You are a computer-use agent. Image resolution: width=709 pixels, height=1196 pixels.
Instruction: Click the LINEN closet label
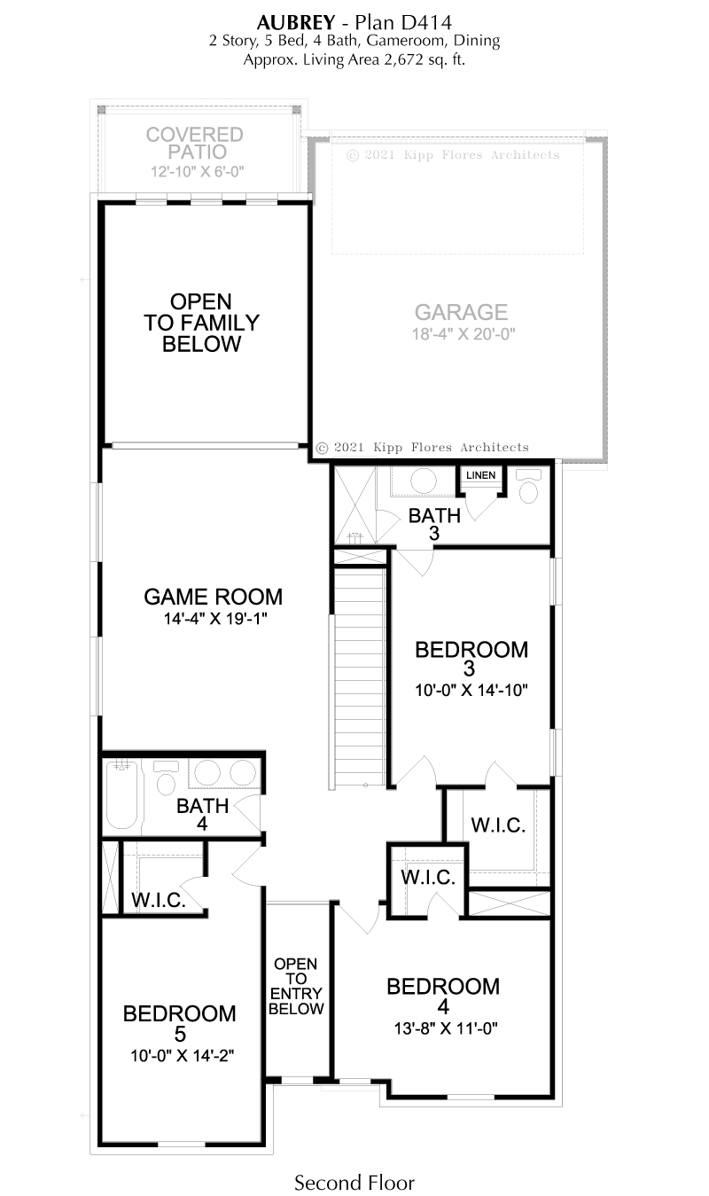point(480,475)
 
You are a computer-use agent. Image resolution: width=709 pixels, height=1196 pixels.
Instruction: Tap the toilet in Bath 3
point(528,487)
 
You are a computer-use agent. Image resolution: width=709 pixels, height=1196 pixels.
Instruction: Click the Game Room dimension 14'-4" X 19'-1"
point(215,619)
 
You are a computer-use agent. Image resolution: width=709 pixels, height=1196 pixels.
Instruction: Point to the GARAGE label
point(461,312)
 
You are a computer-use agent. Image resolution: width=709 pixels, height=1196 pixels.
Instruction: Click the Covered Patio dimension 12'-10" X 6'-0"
point(197,171)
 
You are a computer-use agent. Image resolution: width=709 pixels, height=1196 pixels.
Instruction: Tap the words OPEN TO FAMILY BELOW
point(201,323)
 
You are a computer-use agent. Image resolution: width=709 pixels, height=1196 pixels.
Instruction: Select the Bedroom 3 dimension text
point(471,691)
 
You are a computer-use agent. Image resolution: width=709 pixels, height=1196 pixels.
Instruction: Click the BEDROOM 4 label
point(443,997)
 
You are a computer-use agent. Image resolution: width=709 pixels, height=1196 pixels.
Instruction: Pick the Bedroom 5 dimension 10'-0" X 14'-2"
point(182,1056)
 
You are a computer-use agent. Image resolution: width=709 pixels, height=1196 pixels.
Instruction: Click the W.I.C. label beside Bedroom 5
point(159,901)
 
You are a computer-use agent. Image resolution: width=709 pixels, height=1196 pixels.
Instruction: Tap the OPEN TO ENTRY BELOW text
point(296,986)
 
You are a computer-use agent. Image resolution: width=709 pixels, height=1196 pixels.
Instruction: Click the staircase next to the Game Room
point(359,678)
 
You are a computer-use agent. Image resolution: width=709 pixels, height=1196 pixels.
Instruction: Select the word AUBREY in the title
point(296,22)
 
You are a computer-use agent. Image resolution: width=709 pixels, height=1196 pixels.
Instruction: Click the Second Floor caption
point(354,1183)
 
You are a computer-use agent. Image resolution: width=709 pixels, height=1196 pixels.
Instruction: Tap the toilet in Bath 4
point(166,778)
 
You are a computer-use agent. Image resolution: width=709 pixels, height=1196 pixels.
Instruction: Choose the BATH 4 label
point(202,815)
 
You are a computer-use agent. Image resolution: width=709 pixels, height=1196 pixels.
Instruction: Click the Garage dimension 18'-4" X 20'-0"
point(464,334)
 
